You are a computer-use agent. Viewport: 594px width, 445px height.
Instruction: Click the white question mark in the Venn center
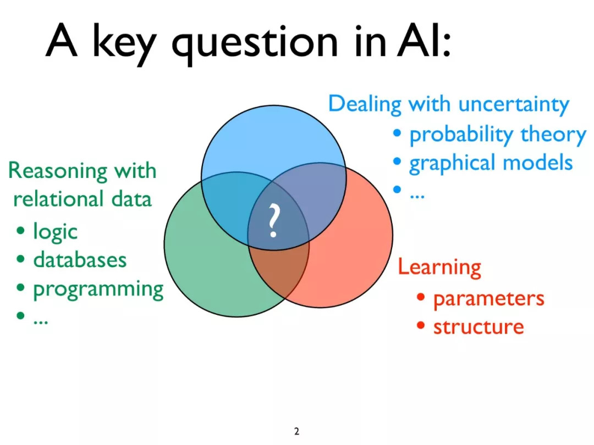click(273, 221)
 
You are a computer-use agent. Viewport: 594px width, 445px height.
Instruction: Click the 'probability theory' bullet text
click(498, 135)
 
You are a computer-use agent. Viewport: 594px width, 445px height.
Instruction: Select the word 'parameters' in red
click(489, 299)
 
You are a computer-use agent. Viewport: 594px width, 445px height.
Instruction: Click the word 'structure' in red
click(479, 327)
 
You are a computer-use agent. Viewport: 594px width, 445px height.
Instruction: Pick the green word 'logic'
click(56, 232)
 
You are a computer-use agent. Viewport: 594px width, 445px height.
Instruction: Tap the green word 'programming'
click(98, 290)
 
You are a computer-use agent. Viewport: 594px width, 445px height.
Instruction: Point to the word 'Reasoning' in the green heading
click(58, 171)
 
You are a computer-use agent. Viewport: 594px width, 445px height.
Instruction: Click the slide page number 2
click(296, 431)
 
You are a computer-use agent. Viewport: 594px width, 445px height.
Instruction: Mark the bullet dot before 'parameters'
click(421, 297)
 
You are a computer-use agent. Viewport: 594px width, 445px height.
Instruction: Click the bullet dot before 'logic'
click(20, 230)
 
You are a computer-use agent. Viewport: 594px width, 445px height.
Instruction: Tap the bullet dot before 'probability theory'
click(397, 133)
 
